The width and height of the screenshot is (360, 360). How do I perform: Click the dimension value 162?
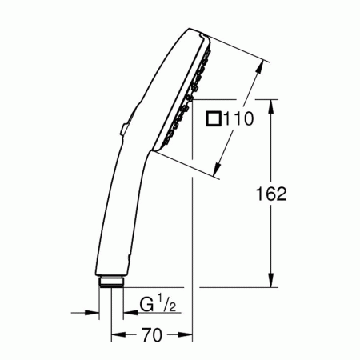(271, 194)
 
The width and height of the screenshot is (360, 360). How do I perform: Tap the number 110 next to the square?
(238, 120)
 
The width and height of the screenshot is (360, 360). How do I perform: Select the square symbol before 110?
(214, 120)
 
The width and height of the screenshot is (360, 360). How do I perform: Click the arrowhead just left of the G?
(127, 313)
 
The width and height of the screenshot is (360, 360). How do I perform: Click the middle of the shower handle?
(120, 200)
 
